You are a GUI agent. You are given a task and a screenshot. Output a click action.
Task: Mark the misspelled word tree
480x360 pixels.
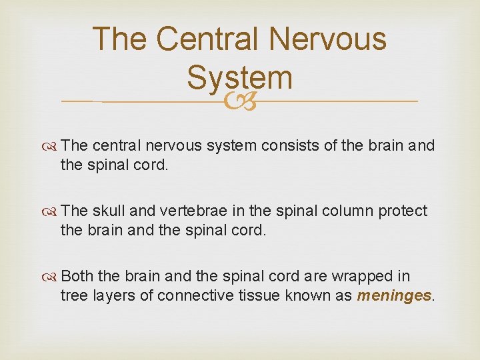pos(73,295)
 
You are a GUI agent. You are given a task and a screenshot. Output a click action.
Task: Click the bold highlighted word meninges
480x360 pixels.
pos(394,296)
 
